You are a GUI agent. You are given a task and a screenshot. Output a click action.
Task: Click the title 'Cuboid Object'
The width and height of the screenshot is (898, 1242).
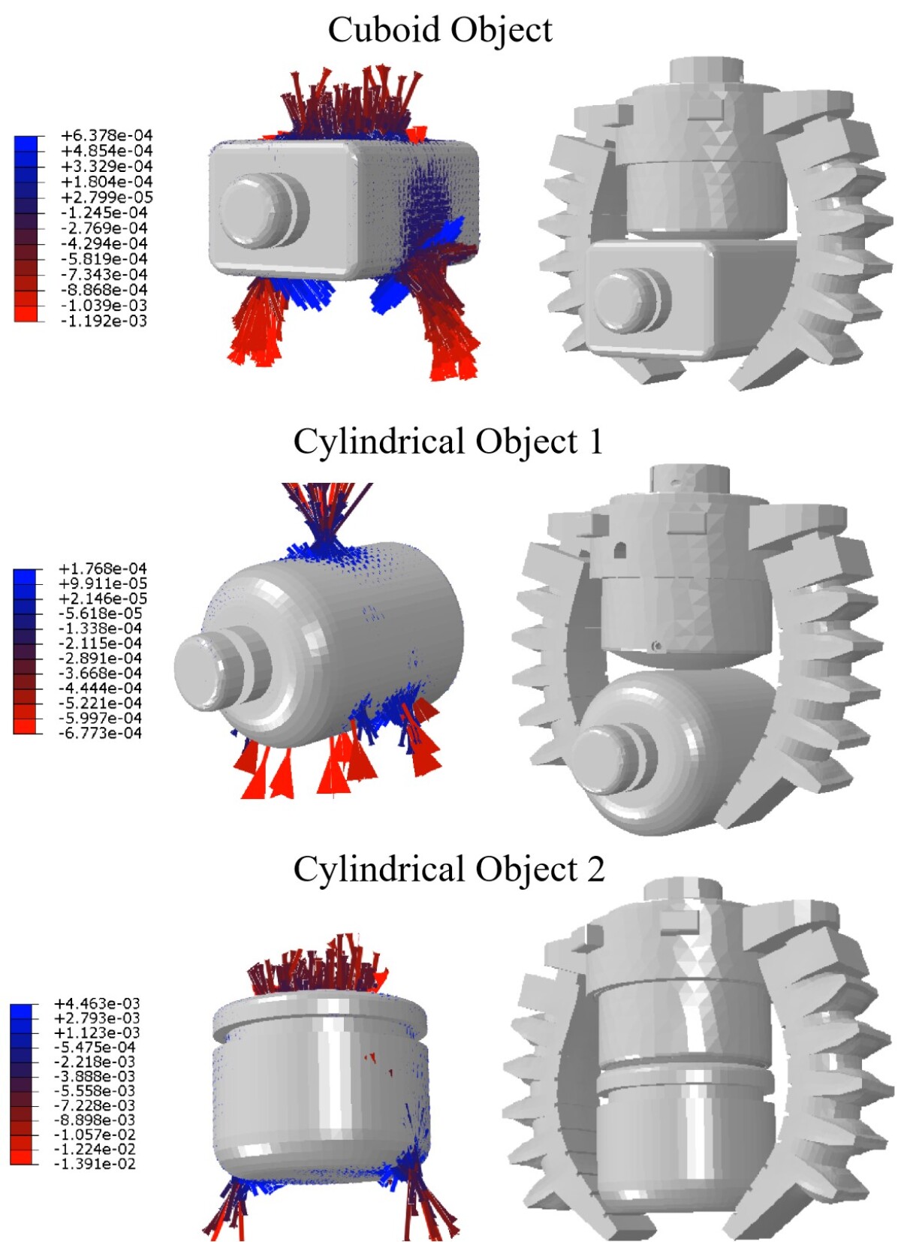pyautogui.click(x=440, y=30)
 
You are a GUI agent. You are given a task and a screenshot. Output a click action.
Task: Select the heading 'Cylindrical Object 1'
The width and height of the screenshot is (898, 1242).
pyautogui.click(x=448, y=442)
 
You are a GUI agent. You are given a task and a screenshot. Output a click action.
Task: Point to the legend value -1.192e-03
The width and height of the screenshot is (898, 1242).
pyautogui.click(x=104, y=321)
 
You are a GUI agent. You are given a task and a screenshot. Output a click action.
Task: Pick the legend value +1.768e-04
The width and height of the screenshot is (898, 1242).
pyautogui.click(x=103, y=568)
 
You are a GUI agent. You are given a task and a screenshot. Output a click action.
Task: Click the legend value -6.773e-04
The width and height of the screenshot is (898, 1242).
pyautogui.click(x=100, y=733)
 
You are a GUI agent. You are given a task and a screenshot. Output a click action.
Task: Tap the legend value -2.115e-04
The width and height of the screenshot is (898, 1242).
pyautogui.click(x=100, y=644)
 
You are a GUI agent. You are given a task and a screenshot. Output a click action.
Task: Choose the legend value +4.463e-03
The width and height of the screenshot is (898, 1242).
pyautogui.click(x=97, y=1003)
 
